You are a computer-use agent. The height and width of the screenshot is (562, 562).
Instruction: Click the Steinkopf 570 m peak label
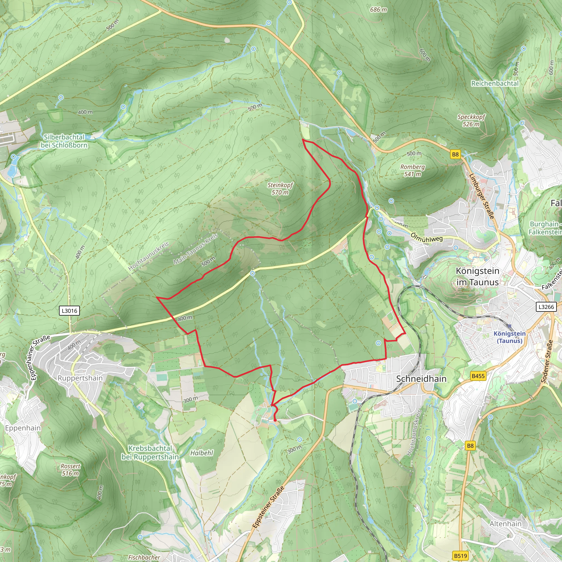[280, 189]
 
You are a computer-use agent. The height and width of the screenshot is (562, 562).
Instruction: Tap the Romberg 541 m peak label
[412, 170]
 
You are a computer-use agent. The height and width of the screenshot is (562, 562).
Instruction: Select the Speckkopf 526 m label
[471, 120]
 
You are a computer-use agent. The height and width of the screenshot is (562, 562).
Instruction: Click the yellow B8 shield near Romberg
[455, 154]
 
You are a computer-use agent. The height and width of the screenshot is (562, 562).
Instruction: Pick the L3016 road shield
[69, 311]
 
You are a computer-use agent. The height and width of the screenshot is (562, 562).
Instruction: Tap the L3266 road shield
[546, 307]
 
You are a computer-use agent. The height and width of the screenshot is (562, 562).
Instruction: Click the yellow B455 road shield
[478, 376]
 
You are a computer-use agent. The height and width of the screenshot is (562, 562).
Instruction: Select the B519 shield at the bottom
[460, 556]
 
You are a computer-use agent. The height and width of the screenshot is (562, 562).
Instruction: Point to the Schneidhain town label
[421, 379]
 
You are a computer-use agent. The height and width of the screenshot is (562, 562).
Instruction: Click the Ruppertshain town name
[80, 378]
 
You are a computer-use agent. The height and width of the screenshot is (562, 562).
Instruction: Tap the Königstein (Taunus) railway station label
[509, 337]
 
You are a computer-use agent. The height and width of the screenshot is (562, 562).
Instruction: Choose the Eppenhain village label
[23, 428]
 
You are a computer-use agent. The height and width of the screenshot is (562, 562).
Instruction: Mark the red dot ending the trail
[275, 420]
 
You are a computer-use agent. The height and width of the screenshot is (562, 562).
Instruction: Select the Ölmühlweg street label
[427, 237]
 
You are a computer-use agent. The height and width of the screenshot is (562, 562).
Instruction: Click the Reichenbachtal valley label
[495, 83]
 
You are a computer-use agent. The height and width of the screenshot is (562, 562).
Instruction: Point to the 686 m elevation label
[378, 10]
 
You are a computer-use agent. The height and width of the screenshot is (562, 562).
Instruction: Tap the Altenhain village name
[505, 524]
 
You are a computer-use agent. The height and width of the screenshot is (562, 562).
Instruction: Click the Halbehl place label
[202, 453]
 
